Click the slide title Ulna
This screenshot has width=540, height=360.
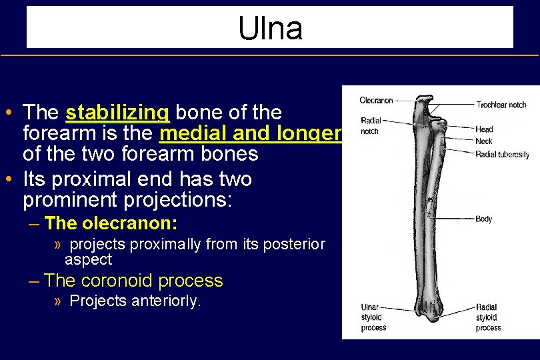tap(270, 28)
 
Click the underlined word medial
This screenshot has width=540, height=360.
tap(193, 133)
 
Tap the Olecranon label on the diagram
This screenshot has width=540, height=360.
tap(376, 101)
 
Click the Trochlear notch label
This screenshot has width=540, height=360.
tap(501, 105)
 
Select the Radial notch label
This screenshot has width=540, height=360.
tap(371, 126)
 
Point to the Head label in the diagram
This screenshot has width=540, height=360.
tap(484, 129)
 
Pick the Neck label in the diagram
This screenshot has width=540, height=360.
tap(483, 141)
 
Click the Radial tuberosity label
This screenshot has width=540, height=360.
tap(502, 155)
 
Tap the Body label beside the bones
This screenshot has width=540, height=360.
tap(484, 219)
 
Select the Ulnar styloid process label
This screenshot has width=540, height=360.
tap(373, 317)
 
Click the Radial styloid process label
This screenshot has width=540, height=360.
tap(489, 317)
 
